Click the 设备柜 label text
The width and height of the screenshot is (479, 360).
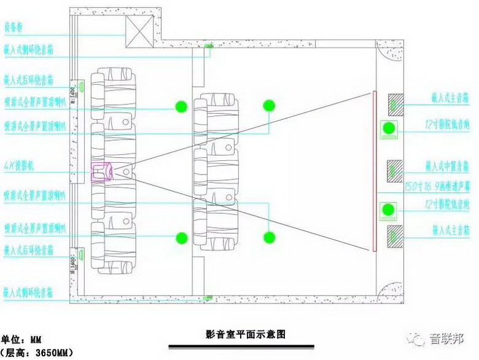(x=14, y=27)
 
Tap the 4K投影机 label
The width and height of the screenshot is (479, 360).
(x=17, y=166)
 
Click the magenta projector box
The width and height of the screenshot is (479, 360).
(x=101, y=172)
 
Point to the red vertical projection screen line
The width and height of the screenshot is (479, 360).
(x=374, y=171)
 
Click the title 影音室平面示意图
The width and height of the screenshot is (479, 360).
(x=246, y=335)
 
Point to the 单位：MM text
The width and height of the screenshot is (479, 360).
(x=21, y=338)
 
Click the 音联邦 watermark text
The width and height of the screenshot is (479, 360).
(x=446, y=338)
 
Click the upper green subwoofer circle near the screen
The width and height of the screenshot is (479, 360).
(x=388, y=128)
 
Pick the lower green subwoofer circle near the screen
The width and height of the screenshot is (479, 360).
(x=388, y=209)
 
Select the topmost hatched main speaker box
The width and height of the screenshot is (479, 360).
(x=395, y=102)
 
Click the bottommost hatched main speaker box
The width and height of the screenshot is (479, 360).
(x=395, y=235)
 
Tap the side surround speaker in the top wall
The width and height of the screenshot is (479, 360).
(x=208, y=46)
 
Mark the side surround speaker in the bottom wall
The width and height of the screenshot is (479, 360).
(x=208, y=299)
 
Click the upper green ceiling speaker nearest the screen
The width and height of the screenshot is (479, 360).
(x=269, y=106)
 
